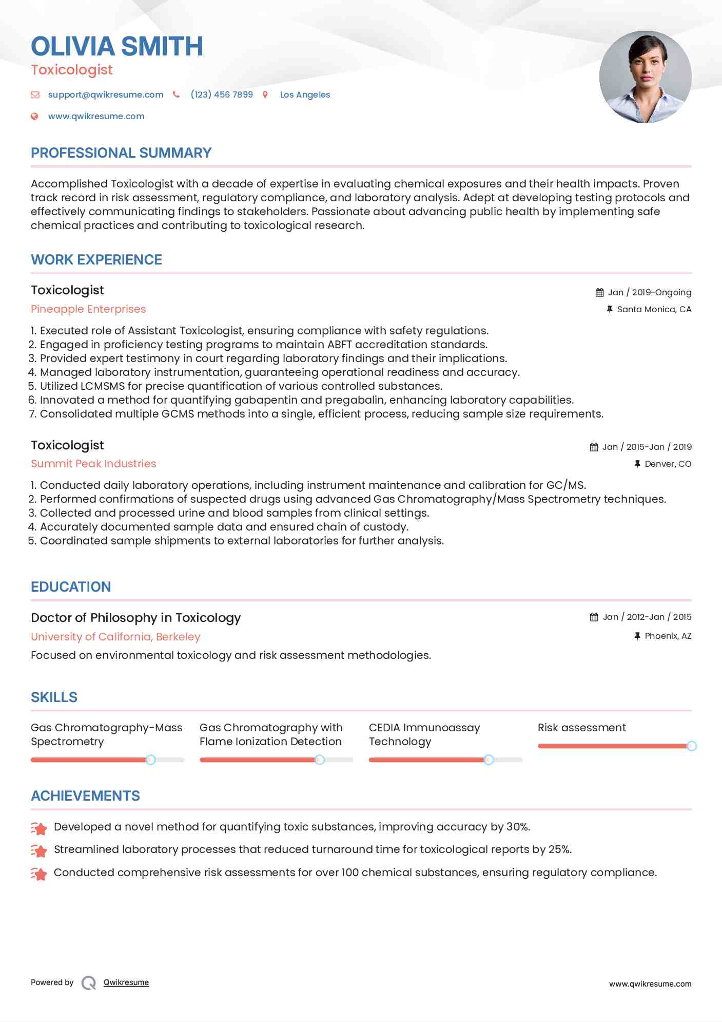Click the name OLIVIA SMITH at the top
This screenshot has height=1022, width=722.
click(117, 46)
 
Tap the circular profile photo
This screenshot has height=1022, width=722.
click(645, 77)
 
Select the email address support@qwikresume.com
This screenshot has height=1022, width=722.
click(106, 94)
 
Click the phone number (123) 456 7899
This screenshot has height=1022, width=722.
click(222, 94)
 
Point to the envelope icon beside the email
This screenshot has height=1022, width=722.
click(35, 94)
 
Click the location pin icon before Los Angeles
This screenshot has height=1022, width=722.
click(265, 94)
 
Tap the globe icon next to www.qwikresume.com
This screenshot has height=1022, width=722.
click(34, 116)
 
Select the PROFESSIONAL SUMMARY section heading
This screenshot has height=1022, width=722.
click(121, 153)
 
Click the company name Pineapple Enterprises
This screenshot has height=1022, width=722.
click(88, 309)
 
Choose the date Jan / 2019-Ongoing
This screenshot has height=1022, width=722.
click(649, 292)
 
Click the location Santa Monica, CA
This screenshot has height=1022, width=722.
click(654, 309)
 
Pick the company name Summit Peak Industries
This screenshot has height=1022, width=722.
click(93, 464)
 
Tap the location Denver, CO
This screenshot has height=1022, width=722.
click(668, 464)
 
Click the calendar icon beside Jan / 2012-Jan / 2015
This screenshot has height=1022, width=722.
click(594, 617)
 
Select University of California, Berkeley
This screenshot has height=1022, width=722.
click(115, 637)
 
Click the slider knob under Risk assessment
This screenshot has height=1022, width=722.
click(691, 746)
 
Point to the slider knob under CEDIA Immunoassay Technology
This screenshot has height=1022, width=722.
click(489, 760)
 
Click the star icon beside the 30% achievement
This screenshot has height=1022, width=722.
click(39, 828)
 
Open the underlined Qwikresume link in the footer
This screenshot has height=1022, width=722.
click(126, 982)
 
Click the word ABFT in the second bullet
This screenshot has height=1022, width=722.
click(340, 345)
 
